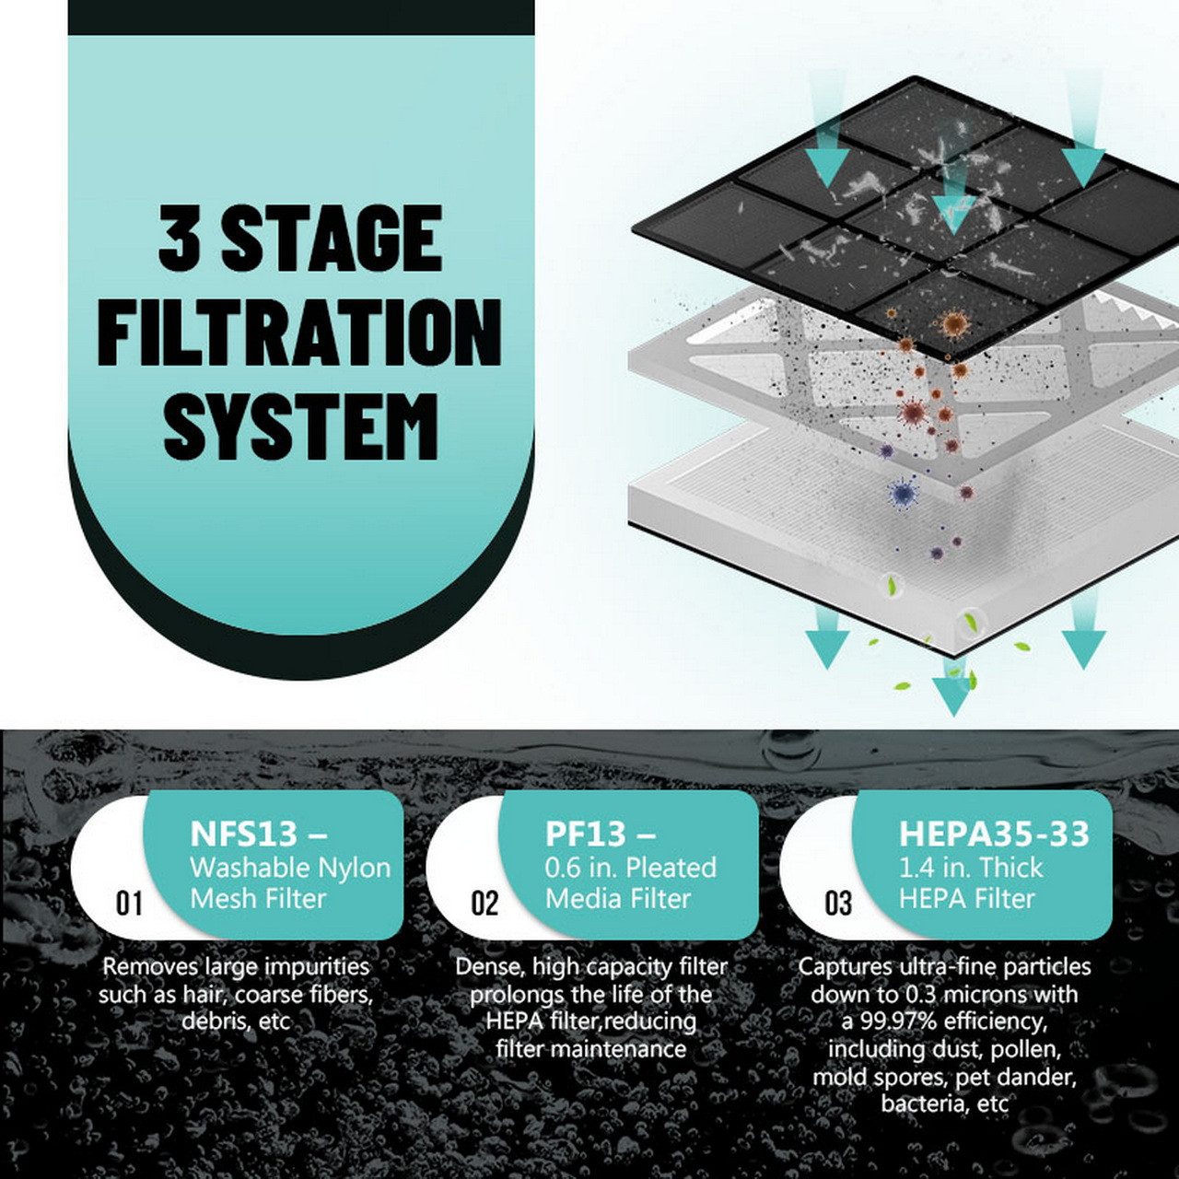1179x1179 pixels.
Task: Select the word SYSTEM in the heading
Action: tap(301, 426)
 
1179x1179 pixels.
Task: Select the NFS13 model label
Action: tap(244, 833)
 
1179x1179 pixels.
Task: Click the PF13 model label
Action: tap(586, 833)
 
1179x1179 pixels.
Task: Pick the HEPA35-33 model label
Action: tap(994, 833)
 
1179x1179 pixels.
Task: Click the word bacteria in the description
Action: tap(920, 1103)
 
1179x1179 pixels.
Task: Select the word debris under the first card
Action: tap(213, 1021)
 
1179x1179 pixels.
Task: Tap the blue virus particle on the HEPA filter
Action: tap(903, 493)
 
